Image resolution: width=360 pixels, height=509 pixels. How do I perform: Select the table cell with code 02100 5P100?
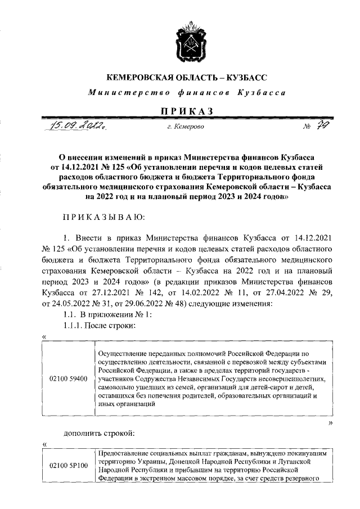68,465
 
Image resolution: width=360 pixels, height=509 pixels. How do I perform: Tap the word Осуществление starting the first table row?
123,353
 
